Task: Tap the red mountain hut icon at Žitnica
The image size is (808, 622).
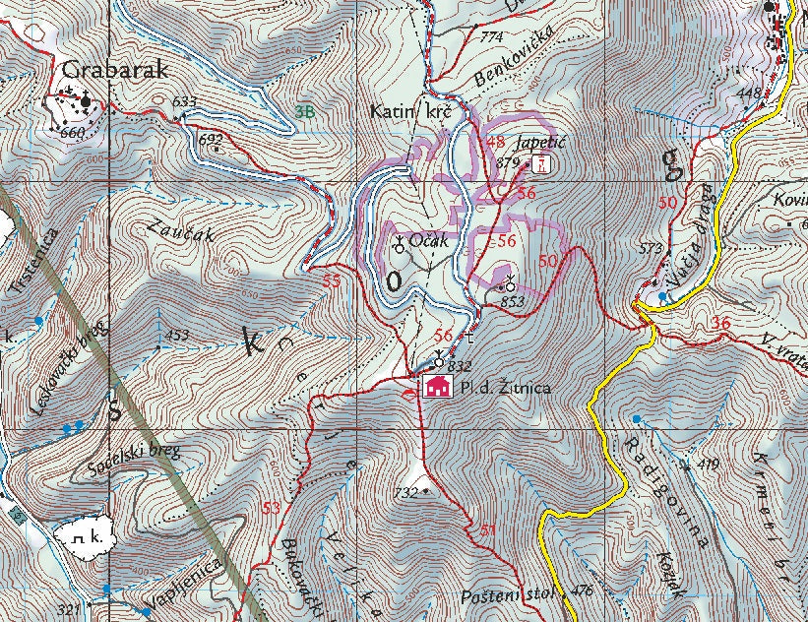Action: pyautogui.click(x=436, y=387)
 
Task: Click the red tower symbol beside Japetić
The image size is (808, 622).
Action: pyautogui.click(x=539, y=162)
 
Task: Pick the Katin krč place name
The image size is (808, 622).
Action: pyautogui.click(x=409, y=112)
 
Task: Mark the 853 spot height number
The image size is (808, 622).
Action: pyautogui.click(x=512, y=301)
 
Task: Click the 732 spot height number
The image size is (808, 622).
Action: pyautogui.click(x=405, y=492)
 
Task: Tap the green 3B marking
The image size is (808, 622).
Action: pyautogui.click(x=305, y=111)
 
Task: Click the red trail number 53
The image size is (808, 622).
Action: pyautogui.click(x=271, y=507)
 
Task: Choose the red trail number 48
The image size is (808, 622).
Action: pyautogui.click(x=496, y=143)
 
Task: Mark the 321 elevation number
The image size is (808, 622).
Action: pyautogui.click(x=68, y=610)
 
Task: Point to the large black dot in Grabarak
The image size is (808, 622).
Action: pyautogui.click(x=87, y=100)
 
